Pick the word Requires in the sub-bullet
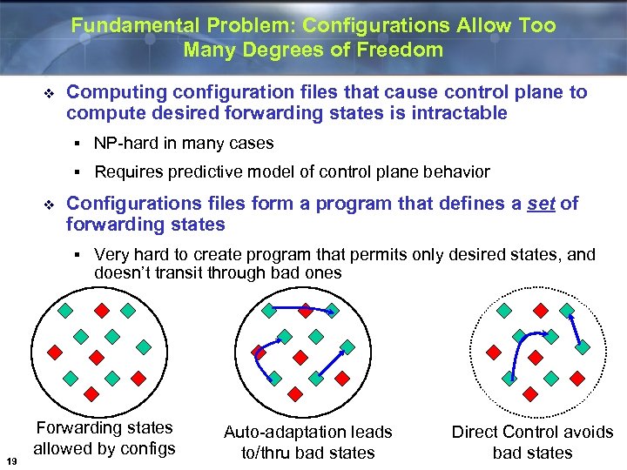click(127, 172)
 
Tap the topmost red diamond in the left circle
click(101, 309)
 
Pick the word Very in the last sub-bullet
click(111, 255)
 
